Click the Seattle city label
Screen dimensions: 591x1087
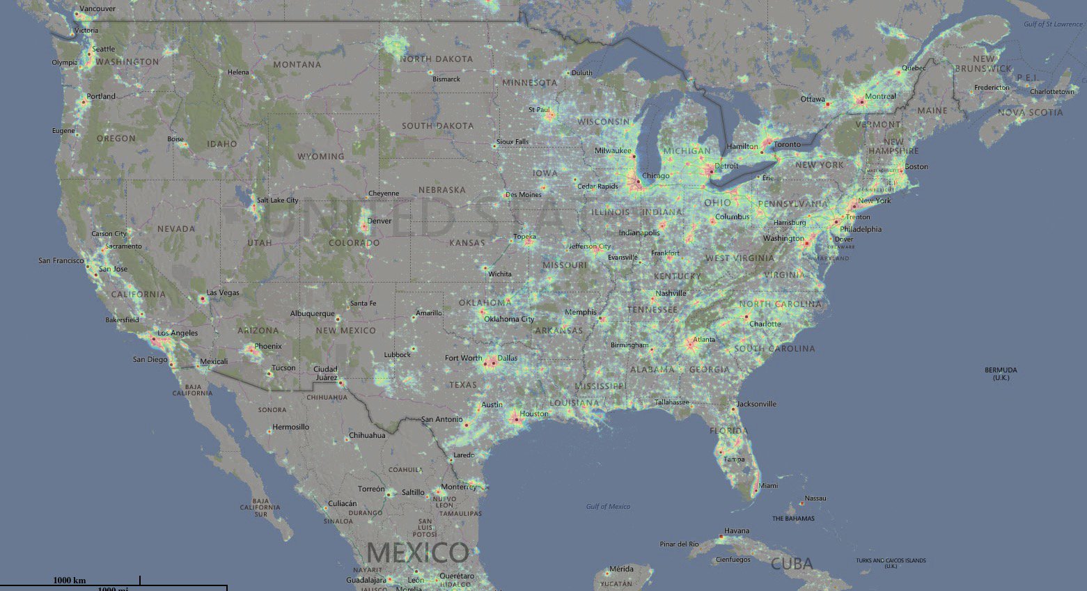point(104,49)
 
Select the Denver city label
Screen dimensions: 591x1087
point(380,221)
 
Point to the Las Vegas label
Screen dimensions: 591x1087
point(223,293)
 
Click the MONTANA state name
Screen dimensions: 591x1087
point(297,65)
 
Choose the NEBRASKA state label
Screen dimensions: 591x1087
point(442,190)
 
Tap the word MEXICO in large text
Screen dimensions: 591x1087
point(417,553)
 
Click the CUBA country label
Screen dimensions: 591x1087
point(792,564)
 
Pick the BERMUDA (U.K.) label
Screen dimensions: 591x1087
point(1001,374)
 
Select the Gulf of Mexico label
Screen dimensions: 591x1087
point(608,507)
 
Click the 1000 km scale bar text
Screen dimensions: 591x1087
point(70,581)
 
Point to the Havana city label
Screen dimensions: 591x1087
point(737,531)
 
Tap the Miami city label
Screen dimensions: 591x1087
point(769,486)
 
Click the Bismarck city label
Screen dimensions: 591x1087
point(446,79)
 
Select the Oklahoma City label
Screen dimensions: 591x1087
point(509,320)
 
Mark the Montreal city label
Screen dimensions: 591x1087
point(880,97)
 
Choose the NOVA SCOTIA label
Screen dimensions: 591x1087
point(1030,113)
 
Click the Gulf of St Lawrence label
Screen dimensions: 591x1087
point(1053,24)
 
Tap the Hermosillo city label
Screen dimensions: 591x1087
point(290,427)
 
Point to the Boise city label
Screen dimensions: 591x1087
point(175,139)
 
